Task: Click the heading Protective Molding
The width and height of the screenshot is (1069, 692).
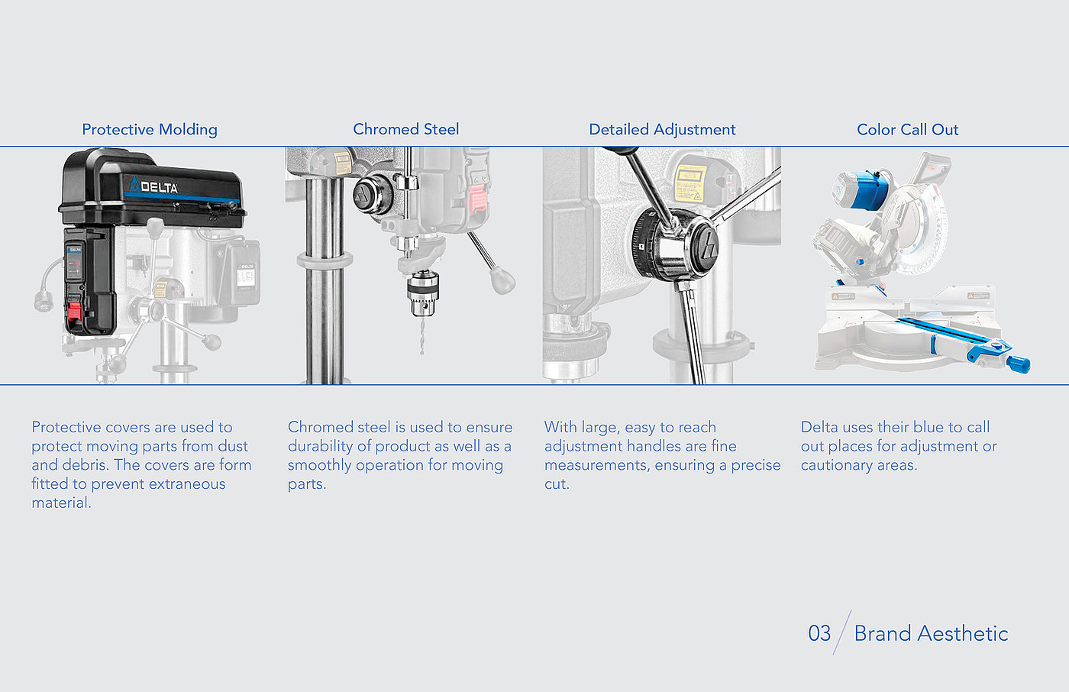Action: tap(150, 130)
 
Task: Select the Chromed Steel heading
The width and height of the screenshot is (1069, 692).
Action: tap(406, 129)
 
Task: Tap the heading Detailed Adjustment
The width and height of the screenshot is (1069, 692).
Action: tap(662, 130)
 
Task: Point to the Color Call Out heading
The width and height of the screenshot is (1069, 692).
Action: tap(907, 129)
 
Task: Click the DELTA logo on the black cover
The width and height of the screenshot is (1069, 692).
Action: tap(153, 186)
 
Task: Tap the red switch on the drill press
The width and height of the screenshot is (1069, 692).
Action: tap(73, 312)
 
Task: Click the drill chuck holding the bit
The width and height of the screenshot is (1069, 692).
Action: tap(422, 293)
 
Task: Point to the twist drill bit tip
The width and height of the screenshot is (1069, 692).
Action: tap(421, 352)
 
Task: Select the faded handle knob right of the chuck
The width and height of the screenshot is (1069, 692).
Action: tap(502, 280)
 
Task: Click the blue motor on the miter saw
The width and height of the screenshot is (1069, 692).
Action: tap(864, 189)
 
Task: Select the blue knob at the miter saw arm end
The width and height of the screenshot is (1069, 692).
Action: tap(1019, 364)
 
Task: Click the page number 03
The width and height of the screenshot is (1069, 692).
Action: tap(819, 633)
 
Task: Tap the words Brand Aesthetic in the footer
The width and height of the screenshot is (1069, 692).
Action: tap(931, 633)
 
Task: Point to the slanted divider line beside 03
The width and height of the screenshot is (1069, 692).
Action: tap(841, 632)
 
